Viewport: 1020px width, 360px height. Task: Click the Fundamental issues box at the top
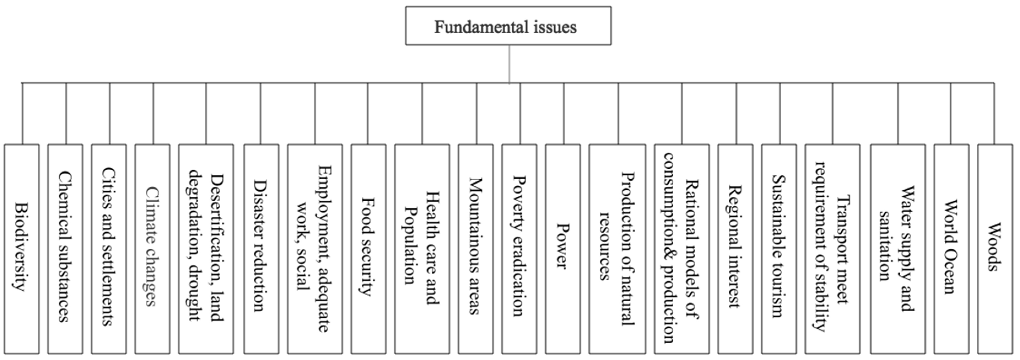pyautogui.click(x=508, y=26)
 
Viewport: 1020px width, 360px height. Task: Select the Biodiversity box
pyautogui.click(x=22, y=248)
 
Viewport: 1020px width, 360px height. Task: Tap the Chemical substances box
pyautogui.click(x=65, y=248)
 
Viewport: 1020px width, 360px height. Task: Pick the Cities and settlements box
pyautogui.click(x=109, y=248)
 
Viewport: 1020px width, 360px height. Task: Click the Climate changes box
pyautogui.click(x=152, y=248)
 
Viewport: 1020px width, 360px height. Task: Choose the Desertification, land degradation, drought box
pyautogui.click(x=206, y=248)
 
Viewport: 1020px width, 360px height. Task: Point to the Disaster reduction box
pyautogui.click(x=261, y=248)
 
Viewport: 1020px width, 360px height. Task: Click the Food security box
pyautogui.click(x=368, y=248)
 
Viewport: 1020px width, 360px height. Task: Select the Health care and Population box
pyautogui.click(x=422, y=248)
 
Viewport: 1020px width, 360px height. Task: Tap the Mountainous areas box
pyautogui.click(x=475, y=248)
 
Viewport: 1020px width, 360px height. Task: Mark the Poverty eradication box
pyautogui.click(x=519, y=248)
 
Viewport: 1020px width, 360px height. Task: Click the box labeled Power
pyautogui.click(x=563, y=248)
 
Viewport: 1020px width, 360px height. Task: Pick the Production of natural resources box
pyautogui.click(x=617, y=248)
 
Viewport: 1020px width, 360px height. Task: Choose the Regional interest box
pyautogui.click(x=735, y=248)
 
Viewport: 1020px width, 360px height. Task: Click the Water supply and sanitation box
pyautogui.click(x=898, y=248)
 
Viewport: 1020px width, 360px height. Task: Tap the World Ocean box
pyautogui.click(x=951, y=248)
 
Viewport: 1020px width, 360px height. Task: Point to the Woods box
pyautogui.click(x=995, y=248)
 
